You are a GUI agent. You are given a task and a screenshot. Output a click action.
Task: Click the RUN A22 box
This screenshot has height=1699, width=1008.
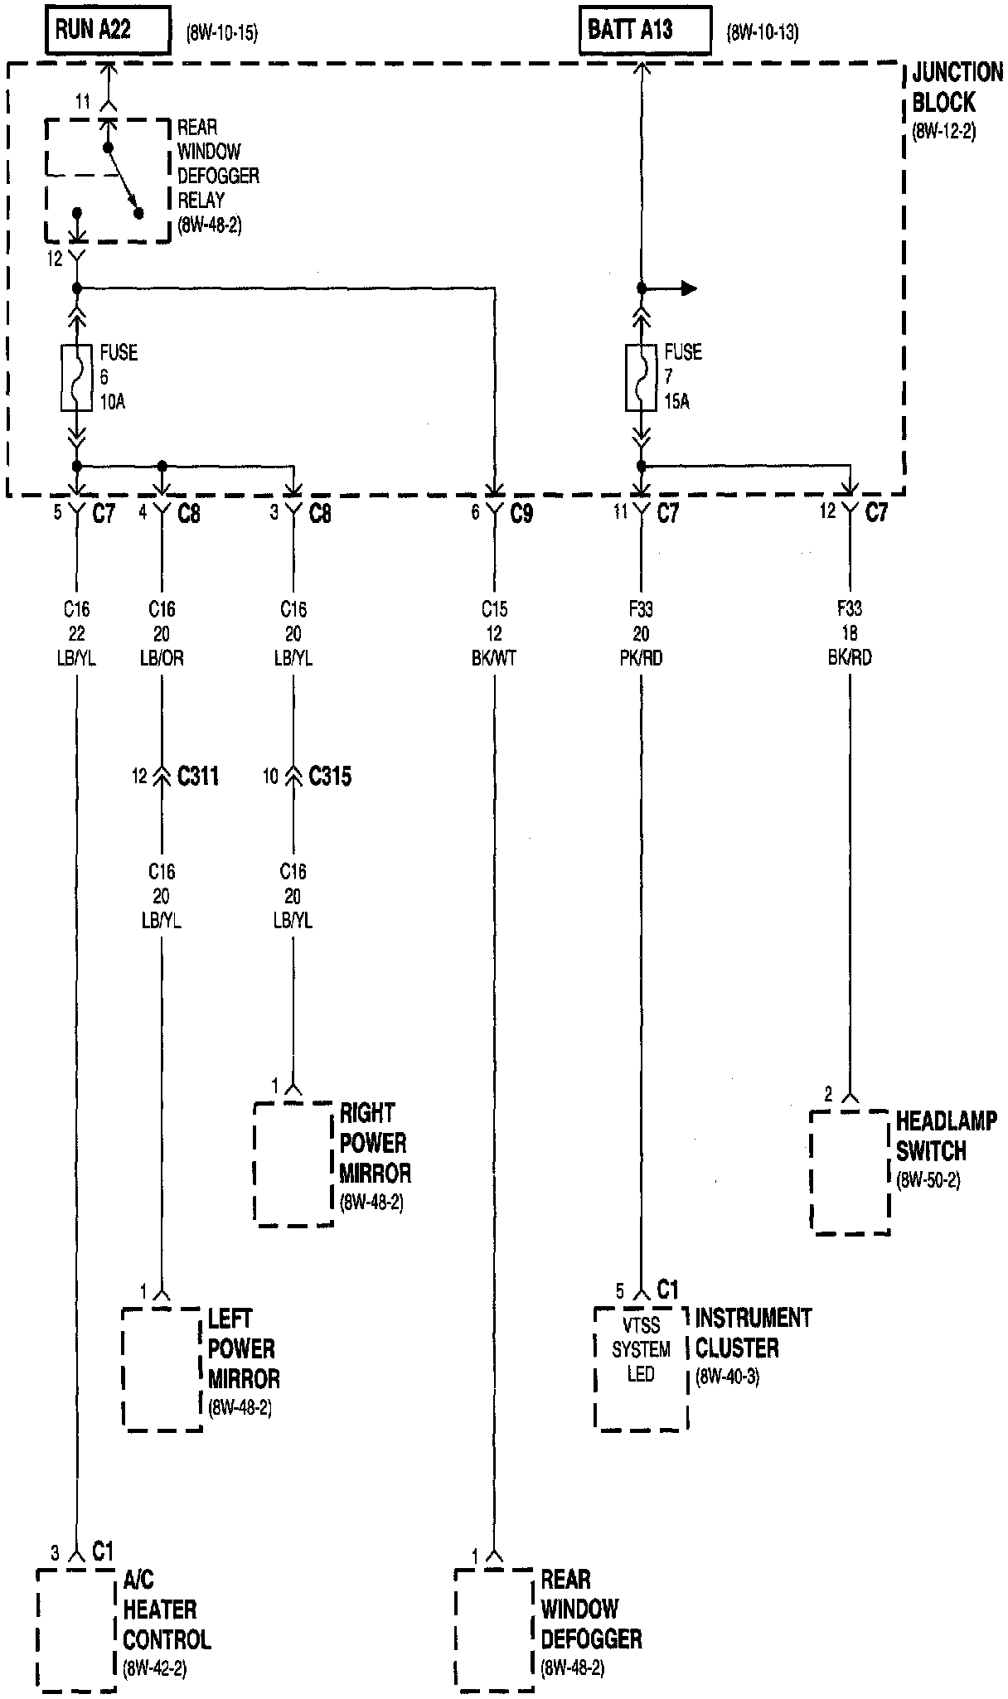pos(108,31)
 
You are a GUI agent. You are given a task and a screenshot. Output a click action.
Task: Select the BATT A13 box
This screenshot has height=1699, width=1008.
pos(644,31)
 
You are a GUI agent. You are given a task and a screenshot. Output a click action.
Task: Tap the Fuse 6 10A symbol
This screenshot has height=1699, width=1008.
pos(76,378)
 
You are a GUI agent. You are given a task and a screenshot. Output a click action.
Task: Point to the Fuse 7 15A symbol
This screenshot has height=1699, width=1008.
pos(641,378)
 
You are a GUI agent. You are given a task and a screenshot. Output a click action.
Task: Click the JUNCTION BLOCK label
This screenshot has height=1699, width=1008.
pos(956,88)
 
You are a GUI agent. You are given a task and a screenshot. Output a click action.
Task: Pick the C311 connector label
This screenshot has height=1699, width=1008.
pos(198,776)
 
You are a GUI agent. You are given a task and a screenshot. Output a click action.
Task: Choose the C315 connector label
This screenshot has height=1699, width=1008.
pos(330,776)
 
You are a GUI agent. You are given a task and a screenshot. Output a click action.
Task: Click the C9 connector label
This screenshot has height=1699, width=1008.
pos(521,514)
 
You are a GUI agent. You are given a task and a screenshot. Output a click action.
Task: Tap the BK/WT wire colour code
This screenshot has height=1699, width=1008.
pos(494,658)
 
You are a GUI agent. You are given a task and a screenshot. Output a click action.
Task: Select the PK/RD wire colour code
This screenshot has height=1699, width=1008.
pos(641,658)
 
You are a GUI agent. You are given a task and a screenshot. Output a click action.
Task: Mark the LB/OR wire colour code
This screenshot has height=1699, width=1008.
pos(162,658)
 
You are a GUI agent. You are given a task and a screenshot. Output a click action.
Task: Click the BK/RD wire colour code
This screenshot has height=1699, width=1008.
pos(850,658)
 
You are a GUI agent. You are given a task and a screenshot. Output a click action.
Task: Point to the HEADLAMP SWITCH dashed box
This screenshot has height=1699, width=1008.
pos(850,1172)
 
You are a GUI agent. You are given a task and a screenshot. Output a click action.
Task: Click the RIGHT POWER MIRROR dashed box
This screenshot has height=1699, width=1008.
pos(293,1164)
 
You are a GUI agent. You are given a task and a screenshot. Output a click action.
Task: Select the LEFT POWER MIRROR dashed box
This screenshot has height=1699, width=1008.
pos(162,1369)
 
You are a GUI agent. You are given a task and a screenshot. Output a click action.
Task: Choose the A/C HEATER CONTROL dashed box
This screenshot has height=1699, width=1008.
pos(76,1629)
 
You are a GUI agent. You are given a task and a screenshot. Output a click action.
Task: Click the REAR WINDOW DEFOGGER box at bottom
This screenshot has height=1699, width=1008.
pos(494,1629)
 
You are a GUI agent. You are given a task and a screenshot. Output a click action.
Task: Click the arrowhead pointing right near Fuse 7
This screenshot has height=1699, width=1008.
pos(687,288)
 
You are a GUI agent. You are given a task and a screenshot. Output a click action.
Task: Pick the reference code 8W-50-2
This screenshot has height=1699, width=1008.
pos(928,1180)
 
